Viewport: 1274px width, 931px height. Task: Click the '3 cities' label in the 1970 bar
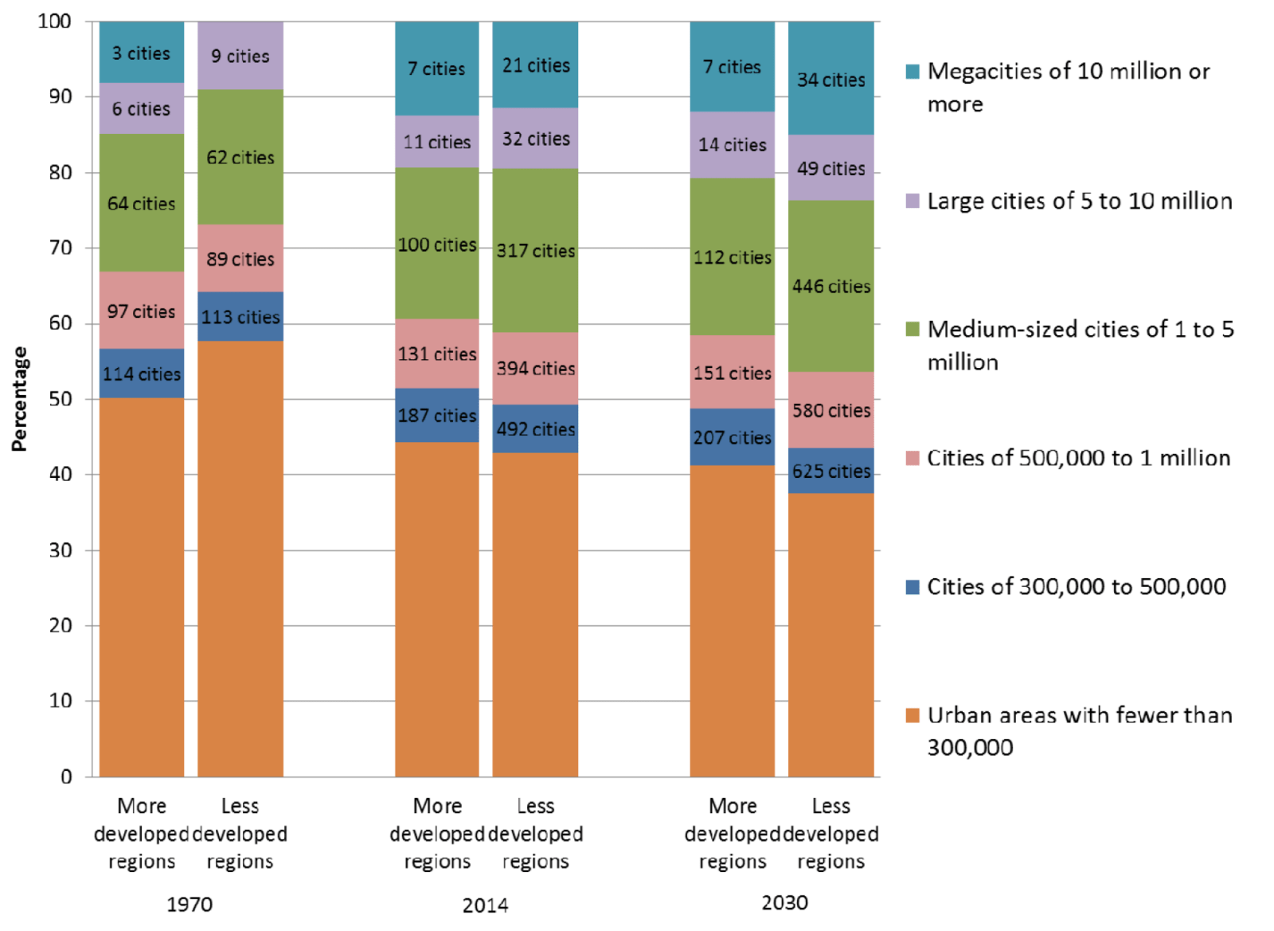[141, 53]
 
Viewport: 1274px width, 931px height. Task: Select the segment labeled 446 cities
[830, 286]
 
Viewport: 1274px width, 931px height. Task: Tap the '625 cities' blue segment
[830, 471]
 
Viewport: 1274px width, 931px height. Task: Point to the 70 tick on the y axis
[61, 248]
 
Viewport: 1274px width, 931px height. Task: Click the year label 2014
[485, 905]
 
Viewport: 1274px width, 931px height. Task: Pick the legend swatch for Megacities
[913, 72]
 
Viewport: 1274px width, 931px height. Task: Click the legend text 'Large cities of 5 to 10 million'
[1079, 201]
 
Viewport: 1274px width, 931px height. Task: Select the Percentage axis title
[19, 399]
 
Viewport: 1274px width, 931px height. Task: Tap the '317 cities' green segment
[535, 251]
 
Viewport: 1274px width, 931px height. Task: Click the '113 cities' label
[240, 317]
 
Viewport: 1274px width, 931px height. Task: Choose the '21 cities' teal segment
[535, 65]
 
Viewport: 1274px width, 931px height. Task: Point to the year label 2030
[784, 902]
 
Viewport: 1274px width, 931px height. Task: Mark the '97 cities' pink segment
[141, 311]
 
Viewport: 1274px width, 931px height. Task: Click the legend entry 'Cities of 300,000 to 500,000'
[1076, 587]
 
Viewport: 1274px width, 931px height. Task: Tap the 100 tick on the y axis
[55, 22]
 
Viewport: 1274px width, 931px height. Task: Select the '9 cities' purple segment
[240, 56]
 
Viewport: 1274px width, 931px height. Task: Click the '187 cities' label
[436, 416]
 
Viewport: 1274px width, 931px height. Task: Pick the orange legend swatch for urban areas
[913, 715]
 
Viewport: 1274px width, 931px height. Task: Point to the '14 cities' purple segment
[732, 145]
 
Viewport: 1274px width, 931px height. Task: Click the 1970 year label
[190, 905]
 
